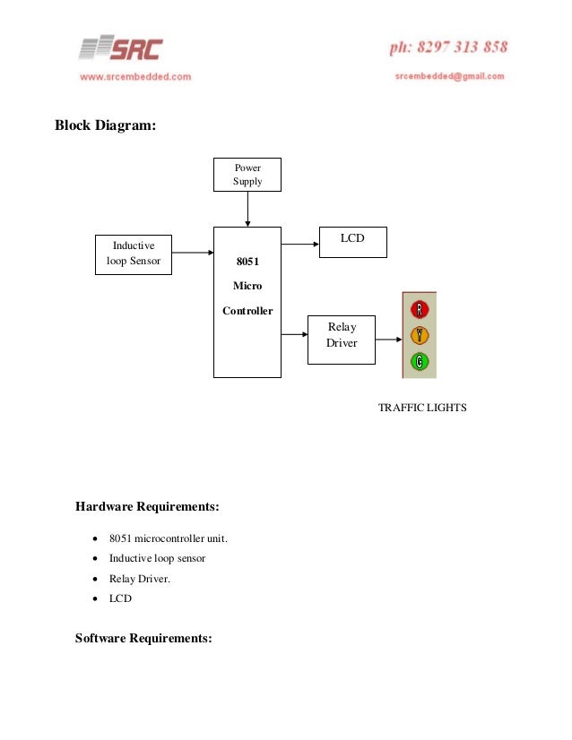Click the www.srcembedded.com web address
point(135,77)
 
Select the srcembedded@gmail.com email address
point(449,76)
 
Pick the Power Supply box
point(247,175)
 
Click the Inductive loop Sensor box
point(134,254)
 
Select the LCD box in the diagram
point(353,242)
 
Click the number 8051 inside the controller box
point(247,262)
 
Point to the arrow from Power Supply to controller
point(247,209)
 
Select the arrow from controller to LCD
point(300,242)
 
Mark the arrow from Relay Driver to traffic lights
point(387,340)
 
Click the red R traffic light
point(420,310)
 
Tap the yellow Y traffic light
point(420,336)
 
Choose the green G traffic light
point(420,362)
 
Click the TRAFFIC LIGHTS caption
point(422,408)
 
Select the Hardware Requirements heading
point(147,507)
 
